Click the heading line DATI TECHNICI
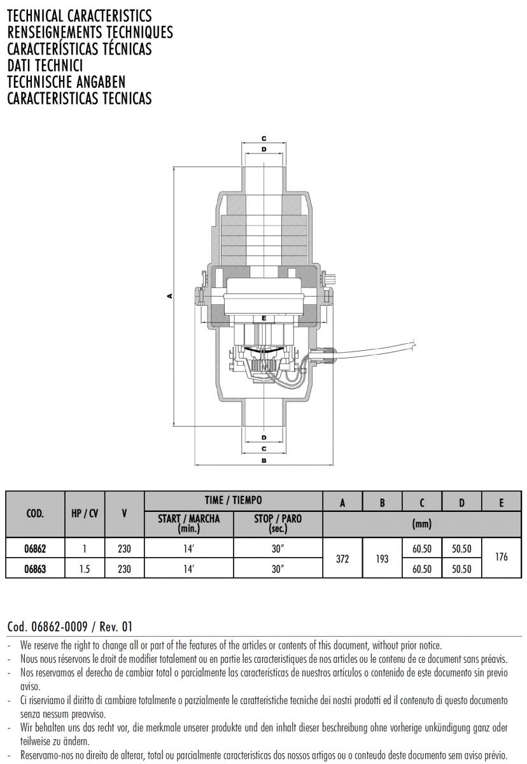45,66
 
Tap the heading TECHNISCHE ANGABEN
66,82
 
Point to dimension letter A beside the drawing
169,296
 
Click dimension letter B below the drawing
264,460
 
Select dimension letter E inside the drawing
264,318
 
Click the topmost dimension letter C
264,139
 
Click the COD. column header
35,513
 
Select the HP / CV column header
85,513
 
